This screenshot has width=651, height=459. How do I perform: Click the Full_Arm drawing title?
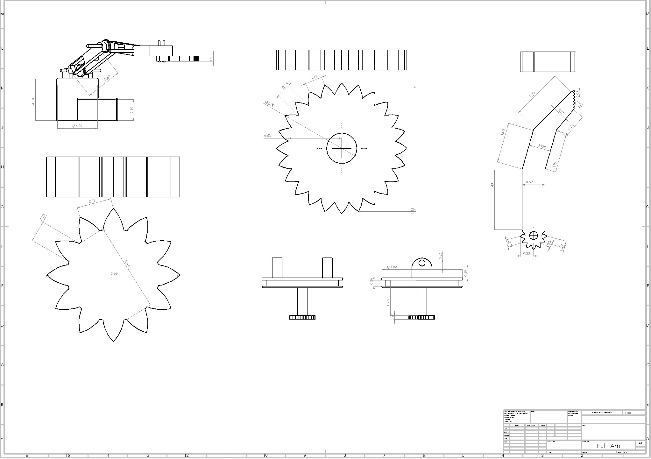pyautogui.click(x=609, y=446)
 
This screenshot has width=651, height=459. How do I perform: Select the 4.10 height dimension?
pyautogui.click(x=33, y=101)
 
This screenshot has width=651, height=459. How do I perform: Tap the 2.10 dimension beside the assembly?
pyautogui.click(x=131, y=110)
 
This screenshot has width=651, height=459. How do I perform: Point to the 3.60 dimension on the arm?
pyautogui.click(x=107, y=78)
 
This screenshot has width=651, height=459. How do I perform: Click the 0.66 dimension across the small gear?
pyautogui.click(x=114, y=273)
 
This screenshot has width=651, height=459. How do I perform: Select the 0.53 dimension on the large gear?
pyautogui.click(x=267, y=136)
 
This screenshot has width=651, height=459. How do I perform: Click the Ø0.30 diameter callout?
pyautogui.click(x=269, y=104)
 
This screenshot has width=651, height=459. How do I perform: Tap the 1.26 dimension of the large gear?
pyautogui.click(x=413, y=211)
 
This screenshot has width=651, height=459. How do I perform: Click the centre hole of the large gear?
pyautogui.click(x=342, y=148)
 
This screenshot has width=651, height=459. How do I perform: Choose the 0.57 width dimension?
pyautogui.click(x=529, y=182)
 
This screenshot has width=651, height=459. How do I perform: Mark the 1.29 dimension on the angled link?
pyautogui.click(x=532, y=94)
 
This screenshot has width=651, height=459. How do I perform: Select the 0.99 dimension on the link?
pyautogui.click(x=555, y=165)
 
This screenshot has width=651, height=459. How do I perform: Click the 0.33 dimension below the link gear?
pyautogui.click(x=527, y=253)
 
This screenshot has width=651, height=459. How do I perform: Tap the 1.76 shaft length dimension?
pyautogui.click(x=388, y=303)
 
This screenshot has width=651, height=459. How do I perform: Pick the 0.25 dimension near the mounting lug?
pyautogui.click(x=440, y=256)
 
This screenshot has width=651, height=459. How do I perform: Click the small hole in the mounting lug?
pyautogui.click(x=422, y=263)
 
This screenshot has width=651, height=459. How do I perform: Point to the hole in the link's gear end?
pyautogui.click(x=533, y=236)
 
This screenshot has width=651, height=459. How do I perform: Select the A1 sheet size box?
pyautogui.click(x=640, y=443)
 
